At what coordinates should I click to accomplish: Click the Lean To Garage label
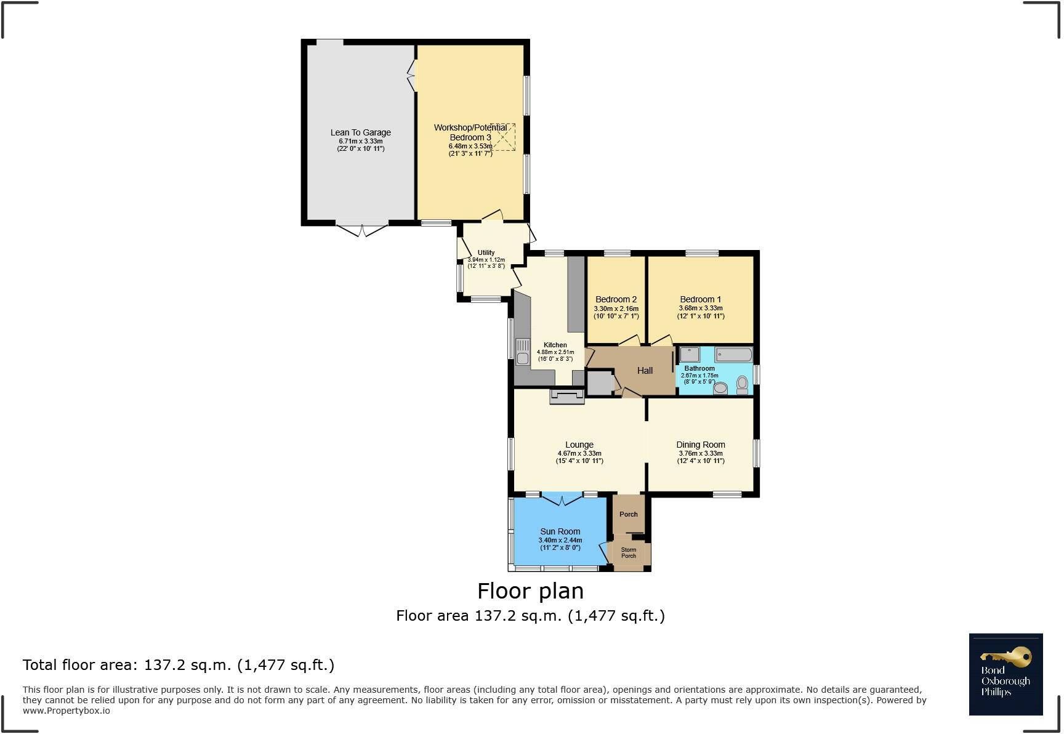pyautogui.click(x=360, y=132)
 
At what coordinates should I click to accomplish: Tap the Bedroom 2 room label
pyautogui.click(x=616, y=300)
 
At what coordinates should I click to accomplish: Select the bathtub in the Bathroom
pyautogui.click(x=733, y=355)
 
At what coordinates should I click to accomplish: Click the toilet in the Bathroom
pyautogui.click(x=742, y=385)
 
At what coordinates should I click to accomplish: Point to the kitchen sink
pyautogui.click(x=523, y=352)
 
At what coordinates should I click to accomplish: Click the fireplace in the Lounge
pyautogui.click(x=567, y=397)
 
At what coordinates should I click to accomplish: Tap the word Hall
pyautogui.click(x=645, y=371)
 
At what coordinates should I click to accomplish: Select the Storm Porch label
pyautogui.click(x=628, y=553)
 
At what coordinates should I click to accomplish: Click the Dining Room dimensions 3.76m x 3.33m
pyautogui.click(x=700, y=453)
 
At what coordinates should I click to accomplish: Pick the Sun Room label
pyautogui.click(x=560, y=531)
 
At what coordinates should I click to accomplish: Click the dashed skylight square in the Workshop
pyautogui.click(x=503, y=137)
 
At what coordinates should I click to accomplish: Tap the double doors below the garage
pyautogui.click(x=363, y=230)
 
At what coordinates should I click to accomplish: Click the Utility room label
pyautogui.click(x=486, y=252)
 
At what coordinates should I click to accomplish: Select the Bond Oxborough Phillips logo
pyautogui.click(x=1006, y=674)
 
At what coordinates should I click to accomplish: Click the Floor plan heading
pyautogui.click(x=530, y=591)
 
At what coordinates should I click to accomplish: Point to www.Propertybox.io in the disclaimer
pyautogui.click(x=66, y=711)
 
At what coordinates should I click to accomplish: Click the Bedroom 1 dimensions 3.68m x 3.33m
pyautogui.click(x=700, y=308)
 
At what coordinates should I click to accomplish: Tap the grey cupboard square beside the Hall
pyautogui.click(x=599, y=383)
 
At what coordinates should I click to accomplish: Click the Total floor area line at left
pyautogui.click(x=179, y=665)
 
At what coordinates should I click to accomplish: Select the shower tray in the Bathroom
pyautogui.click(x=689, y=354)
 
